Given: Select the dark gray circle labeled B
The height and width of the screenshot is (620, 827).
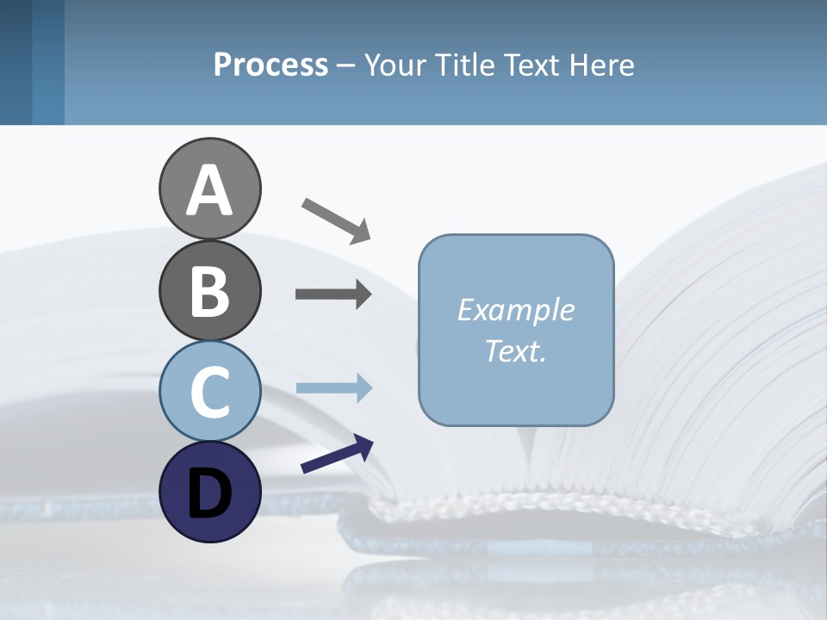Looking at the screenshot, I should [x=209, y=290].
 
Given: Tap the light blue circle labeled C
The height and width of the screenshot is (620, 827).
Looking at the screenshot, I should [x=209, y=391].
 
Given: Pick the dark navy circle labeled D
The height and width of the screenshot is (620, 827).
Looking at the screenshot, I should [x=209, y=492].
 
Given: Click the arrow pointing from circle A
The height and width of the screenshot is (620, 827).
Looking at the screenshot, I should [x=336, y=220].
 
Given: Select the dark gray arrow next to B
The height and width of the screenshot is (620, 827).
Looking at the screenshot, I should [x=333, y=294].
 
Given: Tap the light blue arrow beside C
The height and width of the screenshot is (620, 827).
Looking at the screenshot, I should [x=333, y=387].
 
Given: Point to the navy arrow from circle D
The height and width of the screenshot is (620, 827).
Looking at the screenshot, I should [x=337, y=454].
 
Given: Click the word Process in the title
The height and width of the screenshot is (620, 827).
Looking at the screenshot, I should [x=270, y=65].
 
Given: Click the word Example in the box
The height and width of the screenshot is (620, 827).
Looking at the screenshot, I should [x=515, y=310].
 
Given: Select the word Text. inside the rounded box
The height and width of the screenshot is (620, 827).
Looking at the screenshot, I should [x=515, y=350].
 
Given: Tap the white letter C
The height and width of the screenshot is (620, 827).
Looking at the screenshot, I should [x=209, y=392].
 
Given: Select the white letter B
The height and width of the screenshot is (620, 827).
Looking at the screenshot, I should [x=209, y=291].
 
